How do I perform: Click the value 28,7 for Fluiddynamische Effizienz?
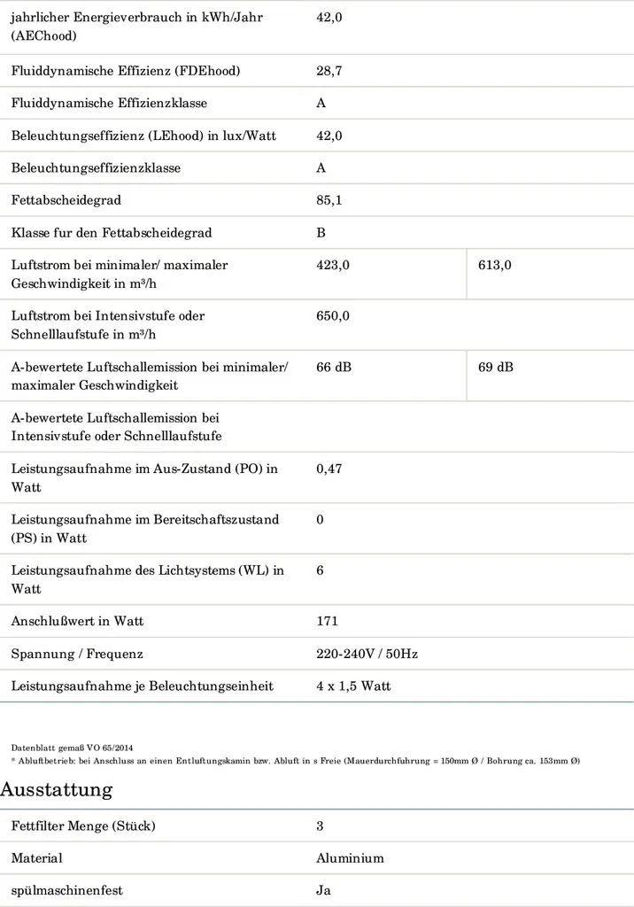(x=329, y=71)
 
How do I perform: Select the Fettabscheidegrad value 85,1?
(x=329, y=200)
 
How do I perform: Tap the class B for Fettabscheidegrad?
(x=321, y=233)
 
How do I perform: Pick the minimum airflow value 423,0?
(x=333, y=265)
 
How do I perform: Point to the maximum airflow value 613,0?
(x=495, y=265)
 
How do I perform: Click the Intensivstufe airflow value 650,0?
(x=333, y=315)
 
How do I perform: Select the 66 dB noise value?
(x=334, y=367)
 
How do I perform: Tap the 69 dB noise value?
(x=496, y=367)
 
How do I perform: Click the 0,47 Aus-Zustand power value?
(x=329, y=469)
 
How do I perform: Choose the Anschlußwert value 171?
(x=328, y=621)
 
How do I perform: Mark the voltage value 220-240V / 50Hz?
(x=367, y=654)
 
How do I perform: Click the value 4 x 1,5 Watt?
(x=353, y=686)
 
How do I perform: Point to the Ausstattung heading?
(x=56, y=789)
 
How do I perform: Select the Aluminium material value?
(x=350, y=858)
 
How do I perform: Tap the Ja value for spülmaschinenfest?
(x=323, y=890)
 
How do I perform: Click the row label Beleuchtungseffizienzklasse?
(x=96, y=167)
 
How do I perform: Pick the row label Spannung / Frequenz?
(x=77, y=654)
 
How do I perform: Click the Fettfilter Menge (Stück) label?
(x=83, y=826)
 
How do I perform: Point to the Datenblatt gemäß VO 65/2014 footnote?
(x=72, y=748)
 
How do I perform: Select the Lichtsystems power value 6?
(x=321, y=570)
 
